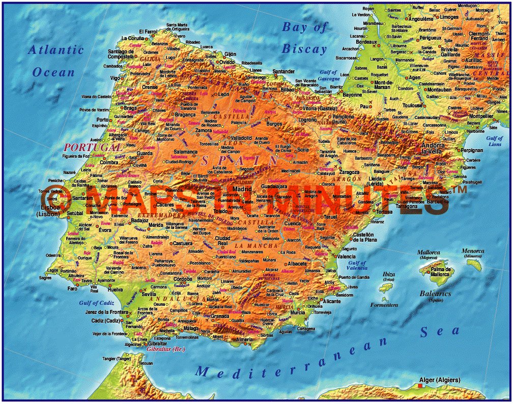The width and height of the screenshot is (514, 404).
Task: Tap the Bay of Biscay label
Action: [x=305, y=38]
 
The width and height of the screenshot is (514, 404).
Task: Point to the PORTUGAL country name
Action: [x=84, y=147]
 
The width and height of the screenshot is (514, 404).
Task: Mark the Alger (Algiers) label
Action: [x=439, y=380]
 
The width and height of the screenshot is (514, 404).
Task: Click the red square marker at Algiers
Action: [x=420, y=386]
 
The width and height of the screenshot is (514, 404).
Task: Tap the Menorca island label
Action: [x=473, y=251]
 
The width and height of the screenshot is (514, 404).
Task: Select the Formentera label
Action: [x=384, y=305]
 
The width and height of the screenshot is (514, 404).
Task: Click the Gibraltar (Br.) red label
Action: [x=165, y=350]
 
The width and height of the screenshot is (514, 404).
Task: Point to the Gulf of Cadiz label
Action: [x=96, y=303]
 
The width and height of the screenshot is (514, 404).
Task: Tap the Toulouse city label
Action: [x=413, y=106]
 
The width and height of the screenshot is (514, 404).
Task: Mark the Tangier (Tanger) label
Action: [x=117, y=359]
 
